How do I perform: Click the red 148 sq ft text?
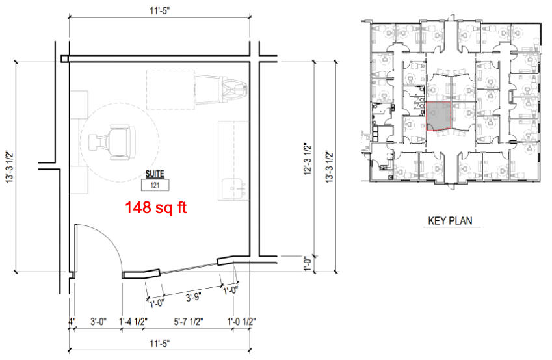pos(155,208)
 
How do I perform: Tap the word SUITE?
pos(155,174)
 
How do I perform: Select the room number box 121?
pos(155,185)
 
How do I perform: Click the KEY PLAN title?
pos(450,221)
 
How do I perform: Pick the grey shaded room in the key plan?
pos(439,116)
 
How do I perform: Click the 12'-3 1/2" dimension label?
pos(308,159)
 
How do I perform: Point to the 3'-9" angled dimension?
pos(193,298)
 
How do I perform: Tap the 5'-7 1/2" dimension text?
pos(189,321)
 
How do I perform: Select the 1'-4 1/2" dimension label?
pos(133,321)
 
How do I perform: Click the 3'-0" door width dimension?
pos(98,321)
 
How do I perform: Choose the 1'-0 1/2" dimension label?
pos(241,321)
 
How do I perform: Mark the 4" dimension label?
pos(72,321)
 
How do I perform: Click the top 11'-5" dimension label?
pos(159,10)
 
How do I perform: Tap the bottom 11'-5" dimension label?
pos(159,343)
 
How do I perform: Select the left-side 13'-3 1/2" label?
pos(9,166)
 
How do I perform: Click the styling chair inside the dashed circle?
pos(112,142)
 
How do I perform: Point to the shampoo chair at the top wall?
pos(220,90)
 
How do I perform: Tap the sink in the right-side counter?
pos(233,189)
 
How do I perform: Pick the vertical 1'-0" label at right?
pos(308,264)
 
